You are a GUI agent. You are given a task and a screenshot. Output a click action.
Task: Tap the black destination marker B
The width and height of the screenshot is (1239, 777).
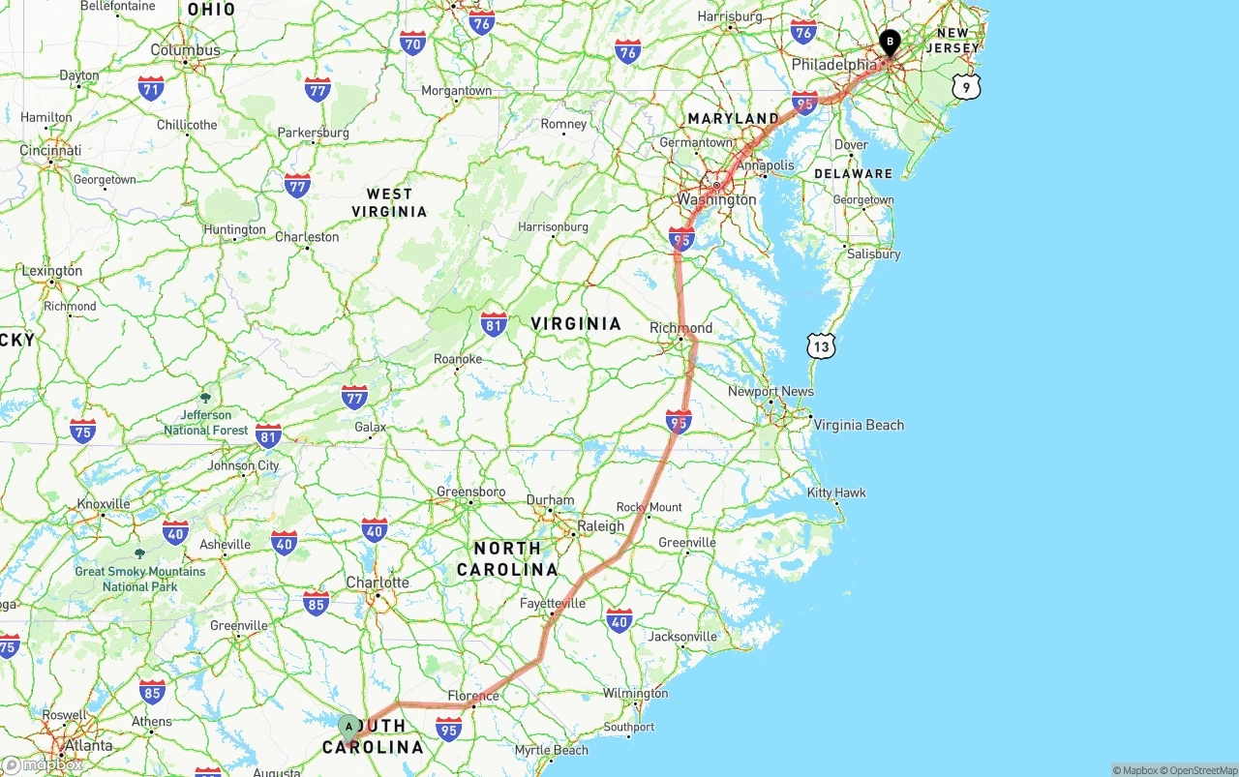890,43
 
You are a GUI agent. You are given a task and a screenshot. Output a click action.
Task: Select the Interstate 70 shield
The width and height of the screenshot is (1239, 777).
413,43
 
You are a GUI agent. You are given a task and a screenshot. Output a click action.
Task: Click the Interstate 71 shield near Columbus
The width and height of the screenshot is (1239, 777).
150,89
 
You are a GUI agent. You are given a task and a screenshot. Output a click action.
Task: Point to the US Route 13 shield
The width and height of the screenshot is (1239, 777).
822,345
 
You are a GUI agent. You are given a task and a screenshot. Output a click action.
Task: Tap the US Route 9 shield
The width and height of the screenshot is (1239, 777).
965,87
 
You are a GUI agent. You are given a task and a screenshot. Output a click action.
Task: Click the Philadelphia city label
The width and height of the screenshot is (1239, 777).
833,65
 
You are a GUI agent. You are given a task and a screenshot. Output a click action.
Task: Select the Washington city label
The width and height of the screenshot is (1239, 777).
716,199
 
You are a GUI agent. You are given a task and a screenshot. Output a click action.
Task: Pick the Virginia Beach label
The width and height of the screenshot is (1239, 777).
859,425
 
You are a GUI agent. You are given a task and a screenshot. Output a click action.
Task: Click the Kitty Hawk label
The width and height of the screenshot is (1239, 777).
836,493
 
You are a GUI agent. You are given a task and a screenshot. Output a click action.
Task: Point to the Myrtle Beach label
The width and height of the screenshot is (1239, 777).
551,750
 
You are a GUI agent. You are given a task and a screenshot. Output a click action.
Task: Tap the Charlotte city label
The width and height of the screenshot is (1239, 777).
378,583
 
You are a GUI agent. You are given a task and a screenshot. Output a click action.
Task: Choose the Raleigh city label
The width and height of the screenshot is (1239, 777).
600,526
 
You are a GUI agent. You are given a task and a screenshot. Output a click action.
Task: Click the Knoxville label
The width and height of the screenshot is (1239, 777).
103,504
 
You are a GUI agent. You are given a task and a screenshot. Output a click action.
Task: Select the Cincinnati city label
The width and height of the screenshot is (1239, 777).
50,151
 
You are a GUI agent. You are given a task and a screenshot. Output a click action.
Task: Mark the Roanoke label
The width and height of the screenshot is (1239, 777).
458,359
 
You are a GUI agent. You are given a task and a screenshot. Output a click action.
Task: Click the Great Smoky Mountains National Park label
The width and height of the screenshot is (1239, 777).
140,578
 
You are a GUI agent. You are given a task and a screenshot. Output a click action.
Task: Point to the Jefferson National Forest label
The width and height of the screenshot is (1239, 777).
206,422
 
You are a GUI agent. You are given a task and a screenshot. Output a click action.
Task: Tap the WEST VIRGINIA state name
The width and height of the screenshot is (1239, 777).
389,202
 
